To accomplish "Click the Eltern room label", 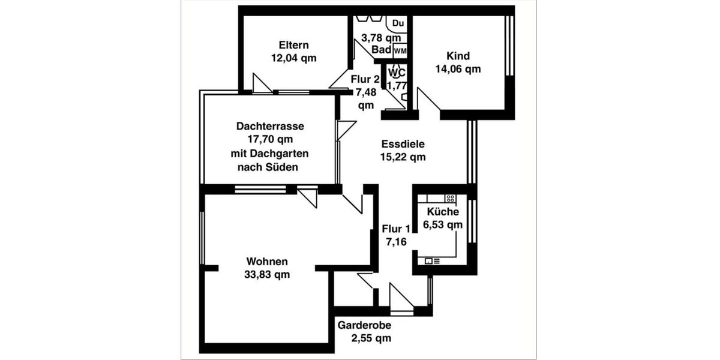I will click(x=294, y=45).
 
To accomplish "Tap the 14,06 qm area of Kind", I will click(x=458, y=69).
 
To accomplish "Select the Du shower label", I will click(x=398, y=23).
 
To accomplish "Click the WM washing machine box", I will click(x=400, y=51).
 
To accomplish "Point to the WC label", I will click(x=395, y=73).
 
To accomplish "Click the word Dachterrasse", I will click(x=270, y=127).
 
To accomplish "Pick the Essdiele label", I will click(x=403, y=144).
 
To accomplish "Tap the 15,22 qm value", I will click(x=403, y=157).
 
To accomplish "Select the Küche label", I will click(x=443, y=211).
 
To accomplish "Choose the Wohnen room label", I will click(x=267, y=262).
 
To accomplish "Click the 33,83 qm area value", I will click(x=268, y=275).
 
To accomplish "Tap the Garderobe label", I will click(x=364, y=325).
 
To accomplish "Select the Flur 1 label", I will click(x=396, y=229).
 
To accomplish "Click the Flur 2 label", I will click(x=365, y=79).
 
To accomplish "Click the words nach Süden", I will click(x=268, y=167).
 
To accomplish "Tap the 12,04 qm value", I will click(x=294, y=58).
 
